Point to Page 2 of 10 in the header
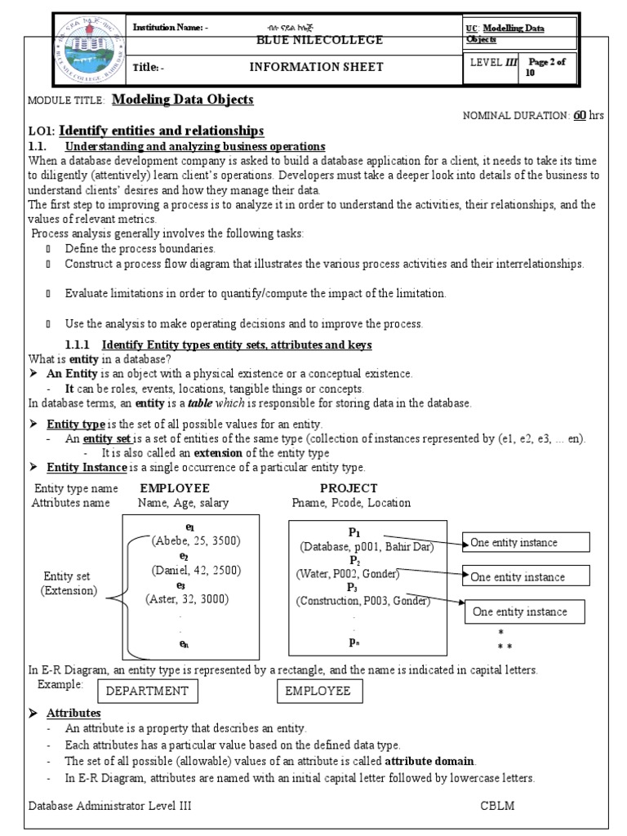[553, 66]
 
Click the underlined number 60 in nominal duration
[580, 116]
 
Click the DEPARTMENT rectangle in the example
[148, 691]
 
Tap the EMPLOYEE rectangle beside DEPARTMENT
[318, 691]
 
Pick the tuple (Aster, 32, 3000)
[188, 598]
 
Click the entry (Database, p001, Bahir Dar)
[367, 545]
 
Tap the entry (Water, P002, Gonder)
[349, 574]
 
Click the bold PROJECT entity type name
[349, 488]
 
